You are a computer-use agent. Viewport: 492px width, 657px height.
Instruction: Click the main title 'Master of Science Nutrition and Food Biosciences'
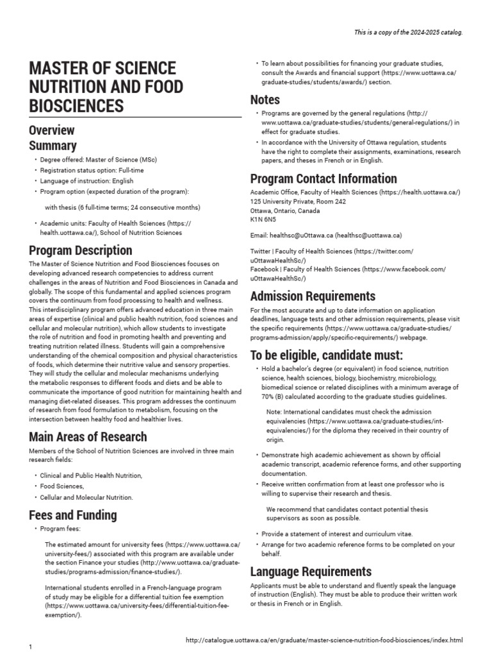pos(106,87)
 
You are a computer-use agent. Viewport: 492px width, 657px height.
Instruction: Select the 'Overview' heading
pos(52,130)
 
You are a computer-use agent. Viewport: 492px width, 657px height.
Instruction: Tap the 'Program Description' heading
pos(81,250)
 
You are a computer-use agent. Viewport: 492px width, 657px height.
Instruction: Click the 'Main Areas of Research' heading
pos(88,437)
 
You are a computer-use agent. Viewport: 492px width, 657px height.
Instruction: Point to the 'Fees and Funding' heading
pos(73,515)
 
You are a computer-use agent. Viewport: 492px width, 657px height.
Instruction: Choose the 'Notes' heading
pos(265,99)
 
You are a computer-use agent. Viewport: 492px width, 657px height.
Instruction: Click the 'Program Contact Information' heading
pos(324,178)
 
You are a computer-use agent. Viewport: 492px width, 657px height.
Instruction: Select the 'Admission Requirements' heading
pos(313,296)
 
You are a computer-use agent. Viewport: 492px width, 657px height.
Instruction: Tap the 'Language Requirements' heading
pos(311,571)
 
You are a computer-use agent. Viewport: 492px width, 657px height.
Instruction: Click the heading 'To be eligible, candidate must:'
pos(326,355)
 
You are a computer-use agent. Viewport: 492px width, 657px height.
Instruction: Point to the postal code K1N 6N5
pos(263,219)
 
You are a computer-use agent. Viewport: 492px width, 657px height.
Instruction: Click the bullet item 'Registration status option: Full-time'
pos(92,170)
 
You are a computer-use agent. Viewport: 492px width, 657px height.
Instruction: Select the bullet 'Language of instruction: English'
pos(86,181)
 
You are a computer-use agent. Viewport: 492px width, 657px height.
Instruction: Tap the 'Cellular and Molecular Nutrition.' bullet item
pos(86,497)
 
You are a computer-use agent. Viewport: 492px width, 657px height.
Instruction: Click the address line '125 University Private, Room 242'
pos(298,201)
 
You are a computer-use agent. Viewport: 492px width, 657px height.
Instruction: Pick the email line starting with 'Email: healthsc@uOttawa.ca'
pos(325,235)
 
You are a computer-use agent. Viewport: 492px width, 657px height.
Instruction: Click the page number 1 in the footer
pos(31,647)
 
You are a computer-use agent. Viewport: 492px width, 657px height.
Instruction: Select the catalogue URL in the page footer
pos(323,640)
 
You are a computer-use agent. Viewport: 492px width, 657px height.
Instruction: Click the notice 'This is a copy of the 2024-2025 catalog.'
pos(408,32)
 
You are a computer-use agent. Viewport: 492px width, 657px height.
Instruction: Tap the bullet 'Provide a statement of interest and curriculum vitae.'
pos(337,534)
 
